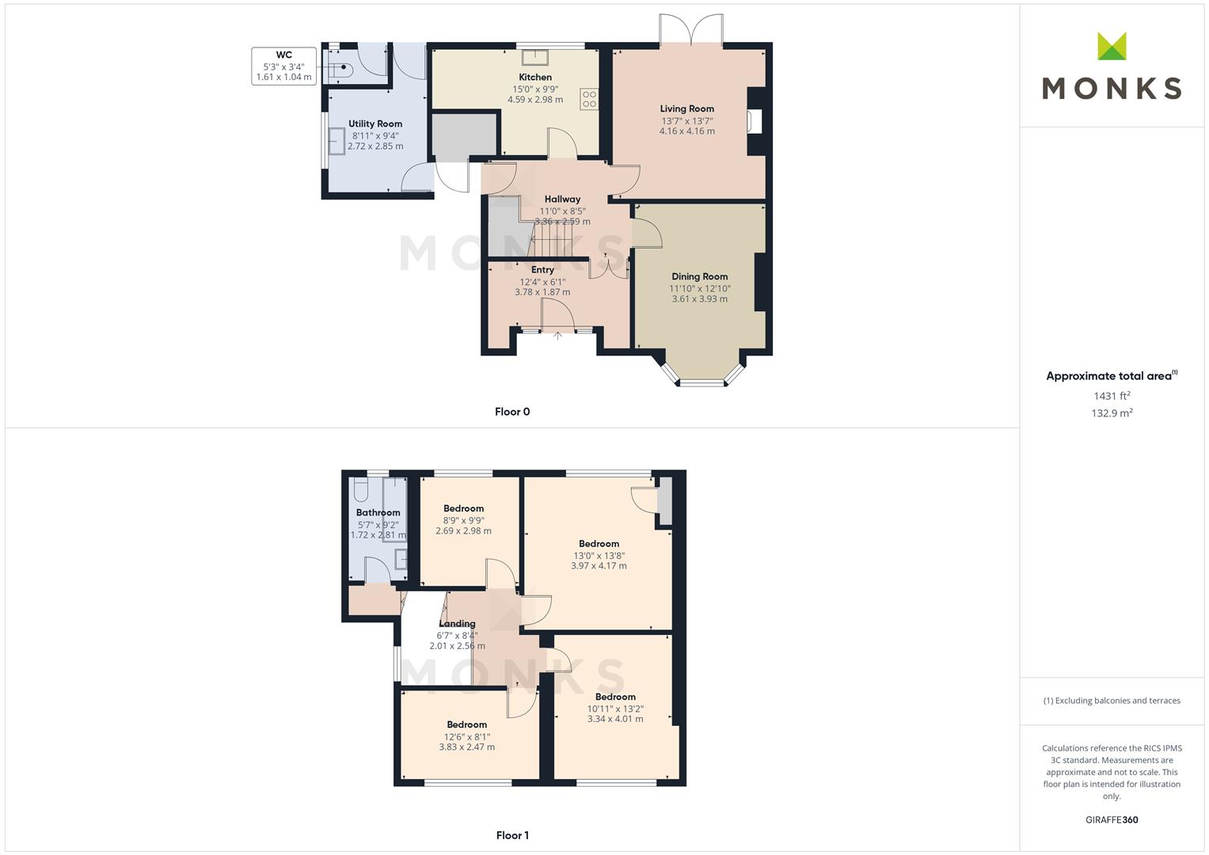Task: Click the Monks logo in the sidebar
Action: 1112,66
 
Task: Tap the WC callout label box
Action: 284,66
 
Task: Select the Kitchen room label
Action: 535,78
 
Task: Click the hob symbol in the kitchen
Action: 590,99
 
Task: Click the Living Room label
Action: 687,109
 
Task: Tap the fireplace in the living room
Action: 755,121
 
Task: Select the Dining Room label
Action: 699,277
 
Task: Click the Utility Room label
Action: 375,124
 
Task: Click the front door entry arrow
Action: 557,336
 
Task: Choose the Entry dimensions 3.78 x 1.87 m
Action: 542,292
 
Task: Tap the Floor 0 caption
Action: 512,412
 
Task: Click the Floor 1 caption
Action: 512,835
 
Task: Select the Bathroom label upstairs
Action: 378,513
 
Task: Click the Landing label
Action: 457,624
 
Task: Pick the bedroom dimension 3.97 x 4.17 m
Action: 599,566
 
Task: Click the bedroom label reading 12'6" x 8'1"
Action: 467,736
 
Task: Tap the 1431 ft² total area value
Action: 1112,396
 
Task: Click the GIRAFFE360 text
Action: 1112,820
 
